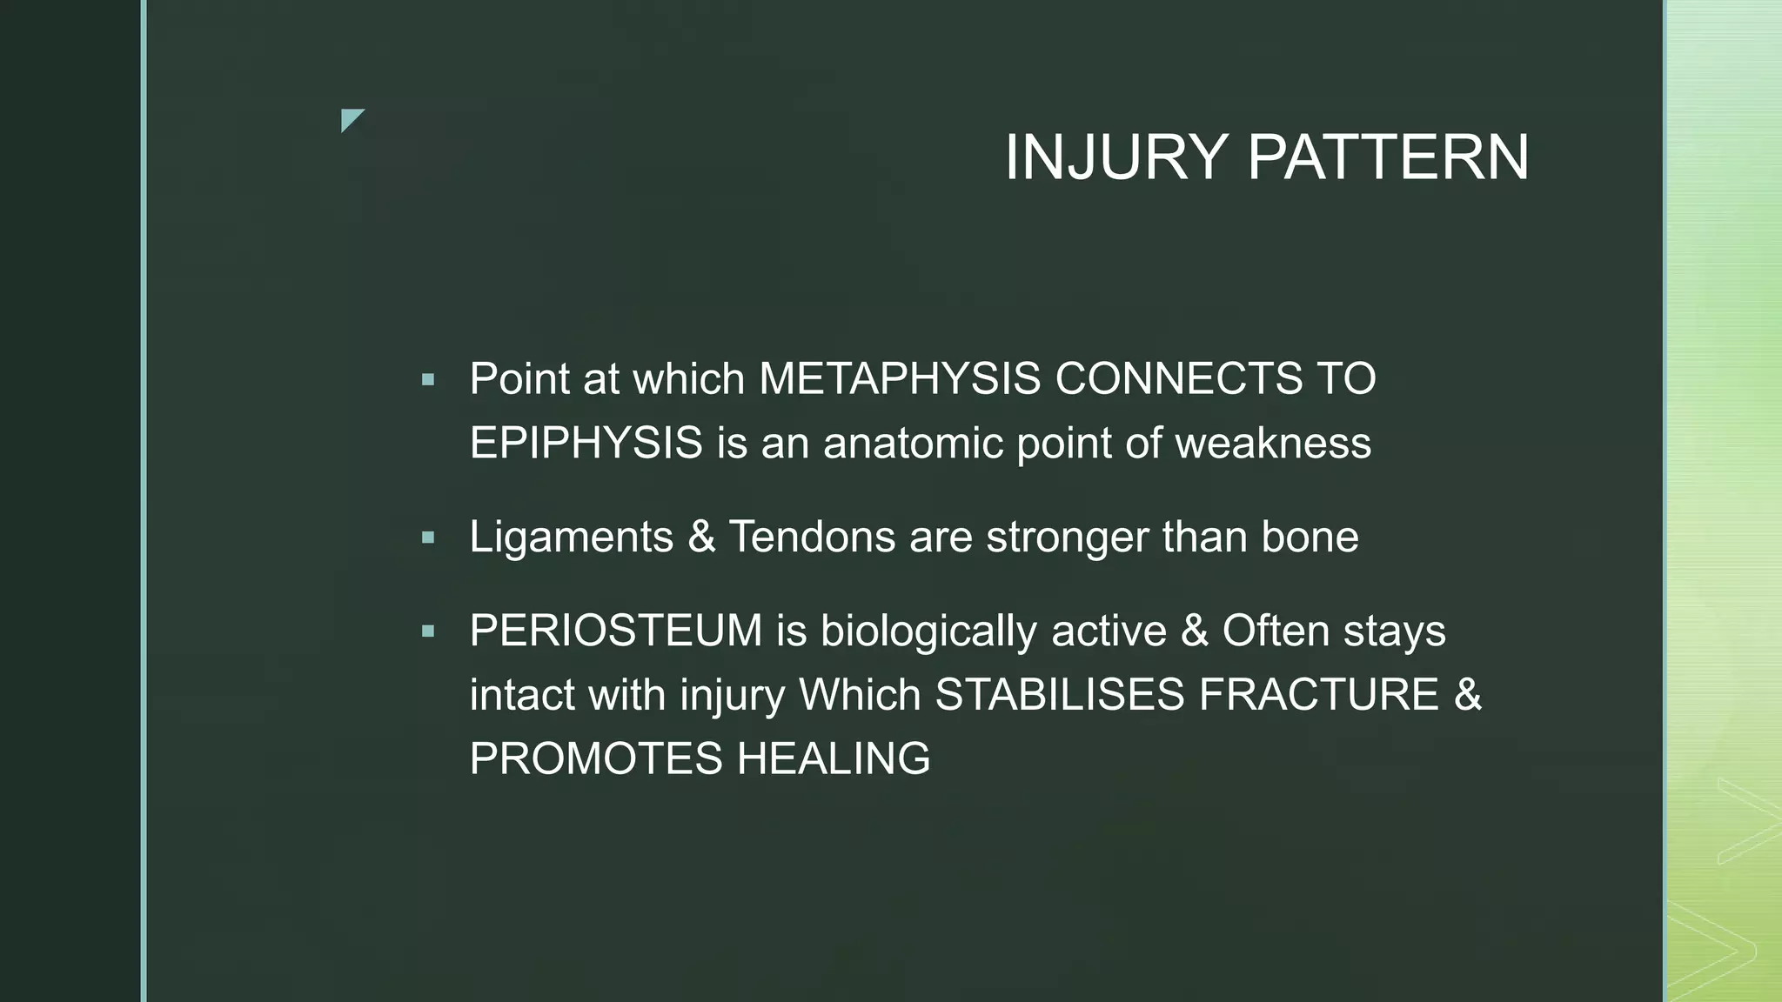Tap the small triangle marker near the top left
point(351,119)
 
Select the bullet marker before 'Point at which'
point(427,379)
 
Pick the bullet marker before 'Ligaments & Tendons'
point(427,538)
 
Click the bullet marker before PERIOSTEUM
point(427,631)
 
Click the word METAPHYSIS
point(900,379)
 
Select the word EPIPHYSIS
point(586,443)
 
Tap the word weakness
point(1273,443)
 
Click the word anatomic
point(913,443)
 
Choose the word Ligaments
point(571,537)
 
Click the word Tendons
point(811,537)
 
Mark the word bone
point(1310,537)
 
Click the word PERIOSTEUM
point(615,631)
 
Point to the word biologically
point(928,632)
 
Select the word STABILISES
point(1059,695)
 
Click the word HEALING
point(834,758)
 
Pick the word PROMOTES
point(595,758)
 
